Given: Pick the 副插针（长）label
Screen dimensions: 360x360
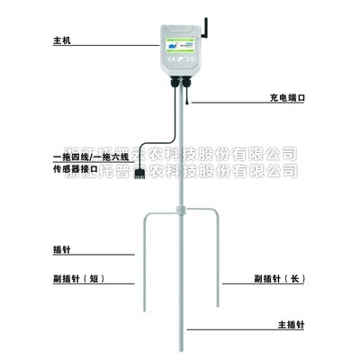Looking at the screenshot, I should (x=280, y=277).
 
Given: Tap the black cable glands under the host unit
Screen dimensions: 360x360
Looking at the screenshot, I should (x=180, y=83).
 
